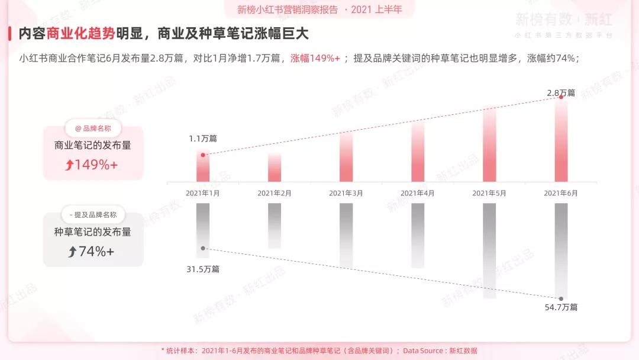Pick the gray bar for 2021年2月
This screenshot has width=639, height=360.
click(x=275, y=226)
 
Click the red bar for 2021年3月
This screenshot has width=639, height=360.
click(x=346, y=157)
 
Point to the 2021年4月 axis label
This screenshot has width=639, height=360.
click(x=418, y=193)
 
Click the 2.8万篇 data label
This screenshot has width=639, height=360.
click(x=561, y=93)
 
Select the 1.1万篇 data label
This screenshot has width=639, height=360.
click(x=203, y=139)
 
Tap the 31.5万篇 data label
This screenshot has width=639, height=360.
click(x=203, y=269)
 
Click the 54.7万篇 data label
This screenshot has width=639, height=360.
click(x=561, y=307)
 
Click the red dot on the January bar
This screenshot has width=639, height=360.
click(x=203, y=155)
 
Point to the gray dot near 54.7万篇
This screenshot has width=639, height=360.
click(x=561, y=298)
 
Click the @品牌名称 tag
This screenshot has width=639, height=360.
click(x=93, y=128)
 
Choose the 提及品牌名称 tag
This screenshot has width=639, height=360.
click(x=93, y=215)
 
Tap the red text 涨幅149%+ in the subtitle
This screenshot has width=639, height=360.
click(x=315, y=59)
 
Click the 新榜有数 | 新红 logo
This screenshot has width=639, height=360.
click(x=563, y=20)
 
